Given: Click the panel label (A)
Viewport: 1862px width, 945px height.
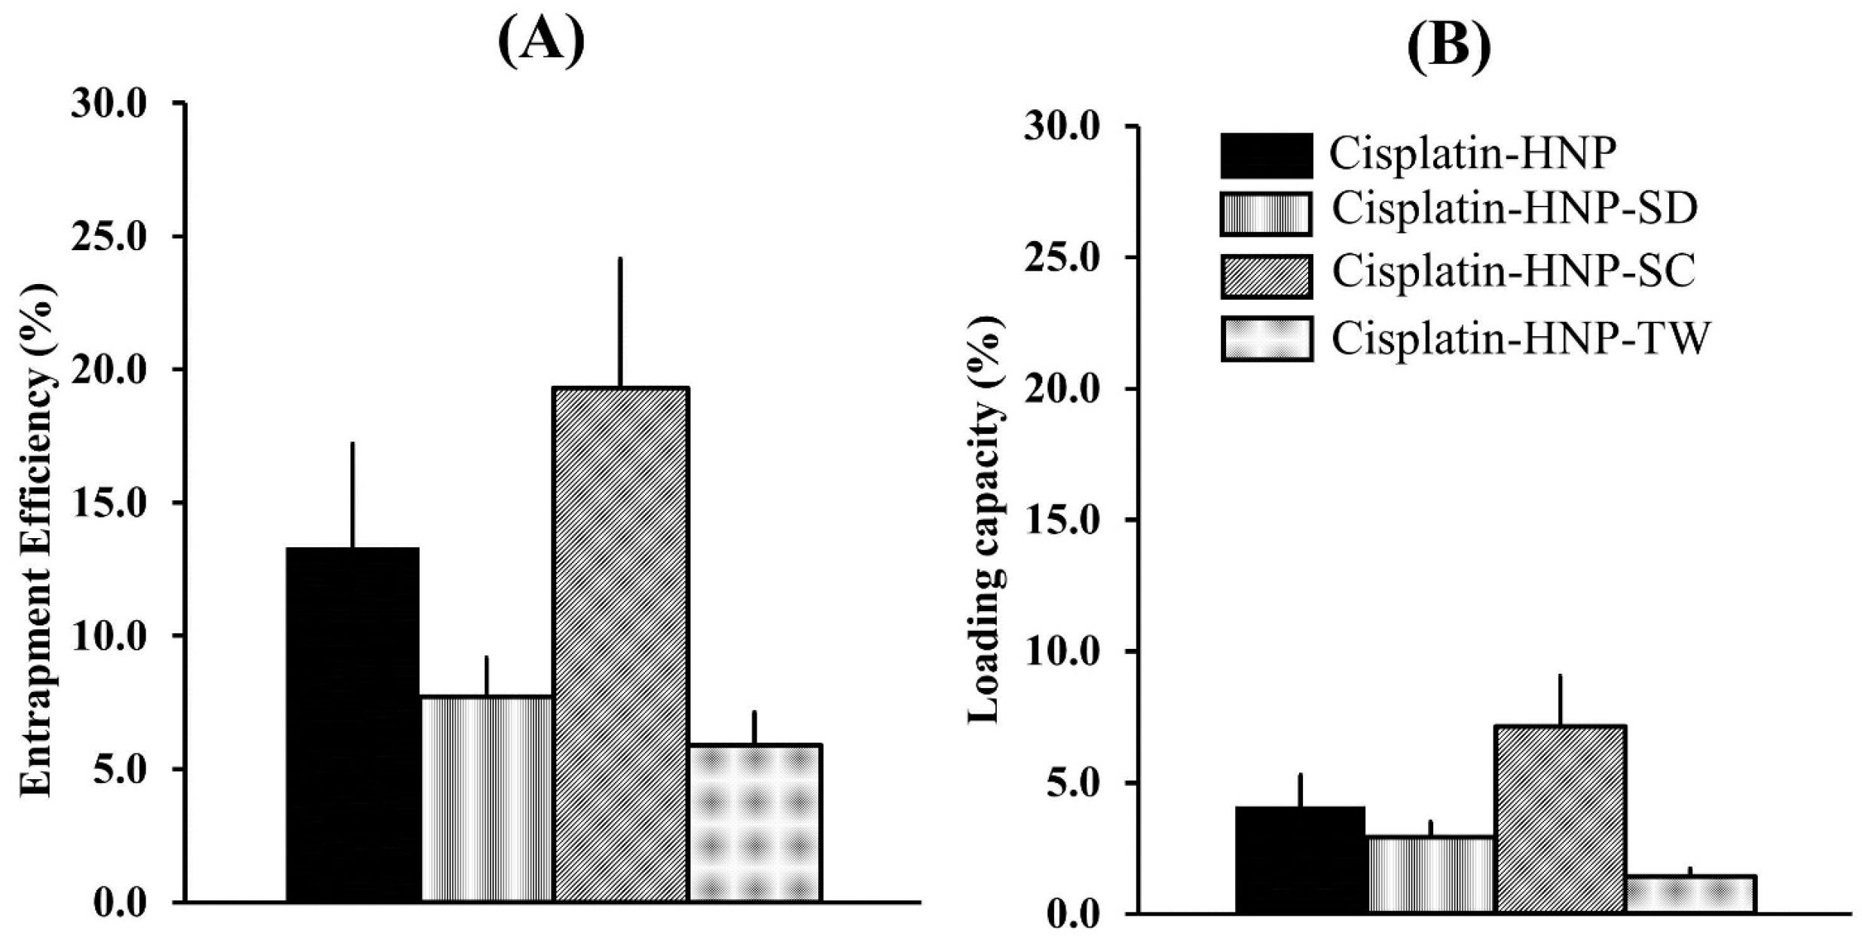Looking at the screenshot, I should [x=541, y=41].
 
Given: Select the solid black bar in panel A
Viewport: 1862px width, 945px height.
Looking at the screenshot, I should [x=352, y=723].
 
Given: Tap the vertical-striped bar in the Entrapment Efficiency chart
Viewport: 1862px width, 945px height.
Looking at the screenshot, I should [x=486, y=799].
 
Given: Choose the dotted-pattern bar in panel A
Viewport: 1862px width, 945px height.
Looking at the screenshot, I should [x=754, y=823].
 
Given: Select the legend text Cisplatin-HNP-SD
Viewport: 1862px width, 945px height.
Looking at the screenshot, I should [x=1515, y=209].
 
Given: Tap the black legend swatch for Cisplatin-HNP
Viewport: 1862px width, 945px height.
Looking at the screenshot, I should [x=1266, y=155].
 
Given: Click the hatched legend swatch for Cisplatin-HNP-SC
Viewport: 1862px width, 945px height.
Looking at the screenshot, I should [x=1266, y=275].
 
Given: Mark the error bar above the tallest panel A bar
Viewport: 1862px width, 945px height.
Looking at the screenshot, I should [x=620, y=323].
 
